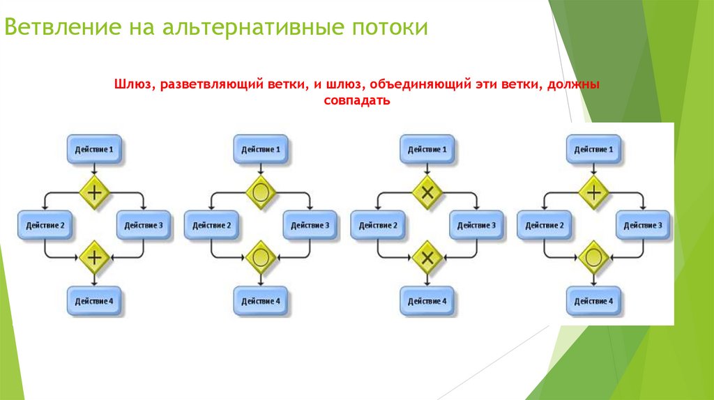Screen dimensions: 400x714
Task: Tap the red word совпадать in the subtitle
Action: point(356,100)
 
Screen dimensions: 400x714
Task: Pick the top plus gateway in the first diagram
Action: point(94,190)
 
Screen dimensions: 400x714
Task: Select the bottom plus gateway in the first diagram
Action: point(94,256)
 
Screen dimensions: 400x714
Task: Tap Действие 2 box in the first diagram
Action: point(45,225)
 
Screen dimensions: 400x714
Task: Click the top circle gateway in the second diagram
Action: point(260,190)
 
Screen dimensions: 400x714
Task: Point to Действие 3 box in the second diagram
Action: point(310,225)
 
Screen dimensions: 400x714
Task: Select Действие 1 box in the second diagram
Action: point(260,149)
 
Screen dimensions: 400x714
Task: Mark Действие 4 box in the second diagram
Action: point(260,300)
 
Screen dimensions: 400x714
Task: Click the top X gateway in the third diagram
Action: point(427,190)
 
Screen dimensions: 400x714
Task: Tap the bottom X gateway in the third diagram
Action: point(427,256)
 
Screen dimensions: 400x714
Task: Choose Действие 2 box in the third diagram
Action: point(378,225)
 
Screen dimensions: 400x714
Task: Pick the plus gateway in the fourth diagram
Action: point(593,190)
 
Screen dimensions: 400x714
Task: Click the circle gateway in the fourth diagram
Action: point(593,256)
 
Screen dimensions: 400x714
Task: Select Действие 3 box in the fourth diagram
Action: point(643,225)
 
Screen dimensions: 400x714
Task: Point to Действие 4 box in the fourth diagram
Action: point(593,300)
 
